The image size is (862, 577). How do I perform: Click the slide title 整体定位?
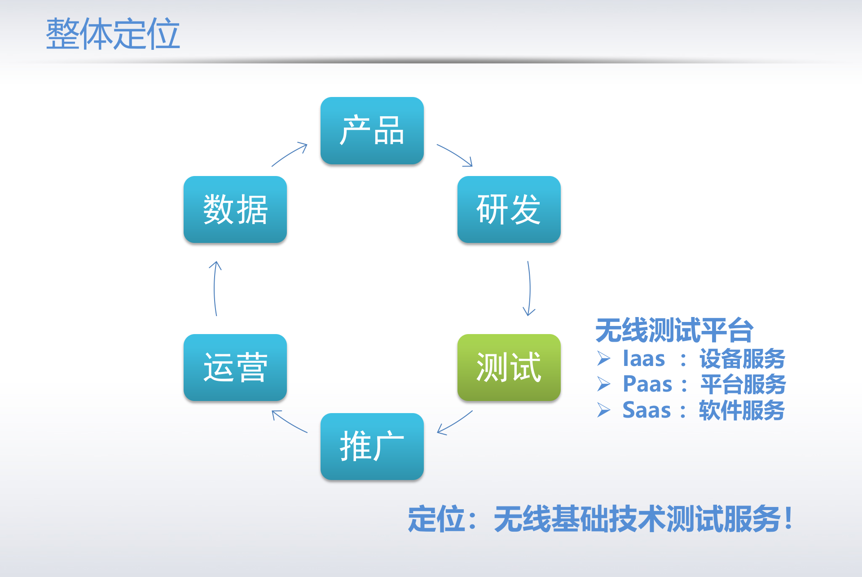click(113, 34)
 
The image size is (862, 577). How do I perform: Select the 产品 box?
click(372, 131)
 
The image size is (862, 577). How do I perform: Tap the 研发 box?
click(509, 210)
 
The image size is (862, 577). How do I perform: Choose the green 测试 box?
click(509, 367)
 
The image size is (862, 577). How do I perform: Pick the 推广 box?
click(372, 446)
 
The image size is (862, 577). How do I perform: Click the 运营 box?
click(235, 367)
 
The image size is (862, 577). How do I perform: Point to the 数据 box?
click(235, 210)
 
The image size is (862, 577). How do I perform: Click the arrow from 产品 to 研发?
click(454, 154)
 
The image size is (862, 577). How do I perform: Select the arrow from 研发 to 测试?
click(529, 288)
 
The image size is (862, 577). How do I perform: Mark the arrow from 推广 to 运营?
click(289, 422)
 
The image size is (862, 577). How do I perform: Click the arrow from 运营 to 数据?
click(215, 288)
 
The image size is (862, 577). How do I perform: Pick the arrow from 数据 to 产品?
click(290, 154)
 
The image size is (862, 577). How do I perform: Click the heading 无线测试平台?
click(674, 330)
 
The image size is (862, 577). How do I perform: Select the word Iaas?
click(644, 359)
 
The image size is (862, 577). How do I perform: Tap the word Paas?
click(647, 384)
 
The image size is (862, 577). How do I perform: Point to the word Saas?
click(646, 410)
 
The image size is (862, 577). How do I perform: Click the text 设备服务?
click(742, 359)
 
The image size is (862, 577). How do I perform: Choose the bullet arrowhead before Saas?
click(604, 410)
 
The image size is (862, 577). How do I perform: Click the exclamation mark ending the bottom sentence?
click(789, 518)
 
